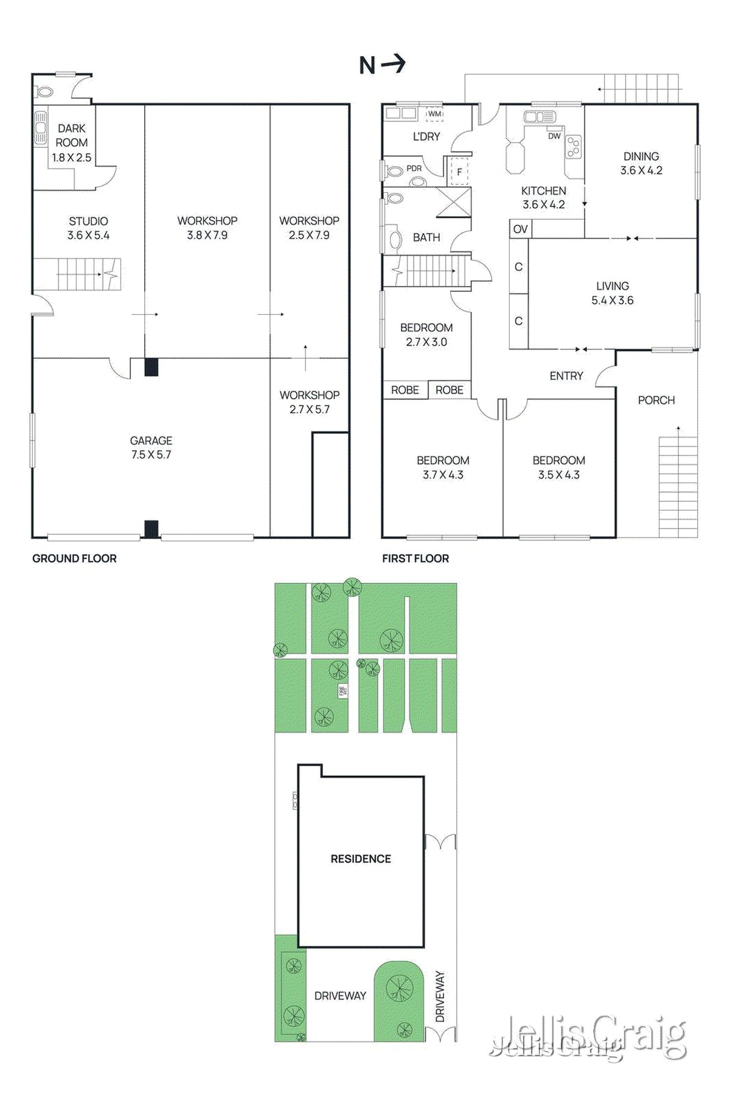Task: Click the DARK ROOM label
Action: click(72, 142)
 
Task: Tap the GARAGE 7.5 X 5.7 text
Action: click(151, 447)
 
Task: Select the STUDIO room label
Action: click(88, 228)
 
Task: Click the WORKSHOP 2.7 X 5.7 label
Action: click(310, 402)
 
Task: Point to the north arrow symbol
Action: click(383, 65)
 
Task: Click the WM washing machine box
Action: click(434, 114)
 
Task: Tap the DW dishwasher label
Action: click(554, 136)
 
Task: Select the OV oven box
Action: click(520, 229)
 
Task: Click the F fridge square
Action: click(459, 172)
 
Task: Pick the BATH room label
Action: click(426, 237)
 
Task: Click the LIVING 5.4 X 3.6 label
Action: click(613, 293)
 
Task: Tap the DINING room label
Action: click(641, 163)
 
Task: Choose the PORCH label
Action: click(656, 400)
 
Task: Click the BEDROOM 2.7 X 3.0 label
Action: click(426, 335)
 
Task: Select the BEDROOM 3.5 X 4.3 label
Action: click(558, 467)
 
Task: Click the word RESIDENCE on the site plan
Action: click(361, 859)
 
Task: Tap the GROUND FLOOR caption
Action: click(74, 558)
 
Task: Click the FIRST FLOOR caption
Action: click(415, 558)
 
